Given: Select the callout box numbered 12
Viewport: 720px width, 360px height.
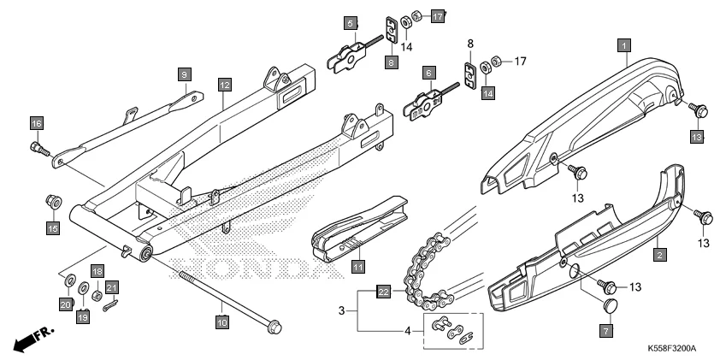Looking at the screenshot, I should (224, 85).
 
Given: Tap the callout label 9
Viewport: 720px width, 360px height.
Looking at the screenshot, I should (184, 74).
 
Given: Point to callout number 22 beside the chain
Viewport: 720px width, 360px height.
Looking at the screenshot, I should (384, 292).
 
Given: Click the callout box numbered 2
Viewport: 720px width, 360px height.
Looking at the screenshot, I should (658, 254).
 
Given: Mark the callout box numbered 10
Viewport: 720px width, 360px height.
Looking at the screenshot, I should (222, 322).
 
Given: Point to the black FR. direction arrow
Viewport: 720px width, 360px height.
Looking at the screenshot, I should (32, 339).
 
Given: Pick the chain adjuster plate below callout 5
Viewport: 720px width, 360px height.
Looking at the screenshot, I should (348, 59).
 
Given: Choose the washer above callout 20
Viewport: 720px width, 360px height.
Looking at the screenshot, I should (68, 281).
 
